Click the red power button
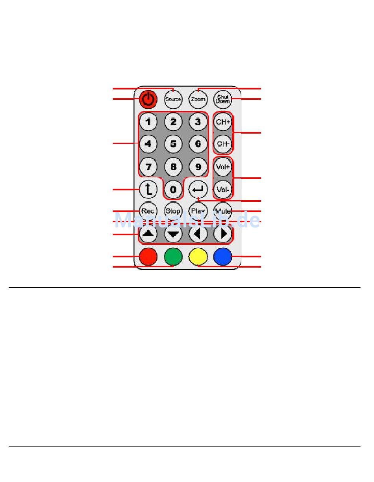[148, 99]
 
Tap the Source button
[173, 99]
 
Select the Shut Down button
[223, 99]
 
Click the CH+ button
[223, 122]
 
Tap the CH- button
[223, 144]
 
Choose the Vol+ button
[223, 167]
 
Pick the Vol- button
[223, 190]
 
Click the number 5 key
[173, 144]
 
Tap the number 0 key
[173, 190]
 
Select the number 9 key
[198, 167]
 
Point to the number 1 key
[148, 122]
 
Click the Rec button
[148, 211]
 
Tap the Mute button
[223, 211]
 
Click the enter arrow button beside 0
[198, 190]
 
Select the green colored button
[173, 257]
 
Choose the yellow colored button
[198, 257]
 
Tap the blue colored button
[223, 257]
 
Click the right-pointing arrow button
[223, 234]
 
